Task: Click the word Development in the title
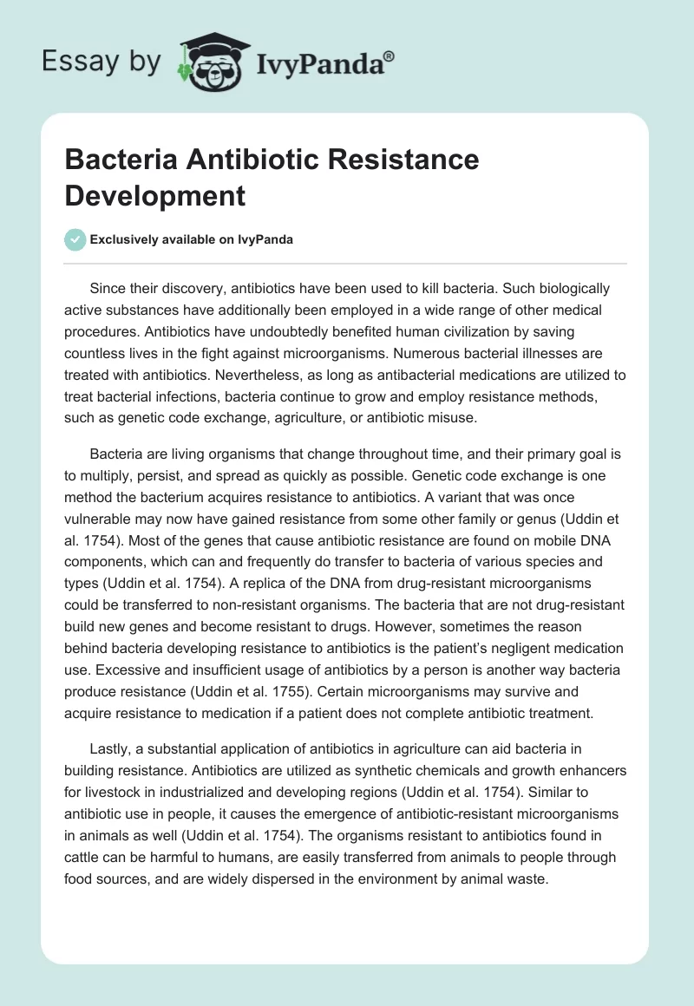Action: point(154,195)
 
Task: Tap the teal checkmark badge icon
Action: point(75,240)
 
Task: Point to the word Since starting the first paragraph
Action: point(108,288)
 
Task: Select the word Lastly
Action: point(112,750)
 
